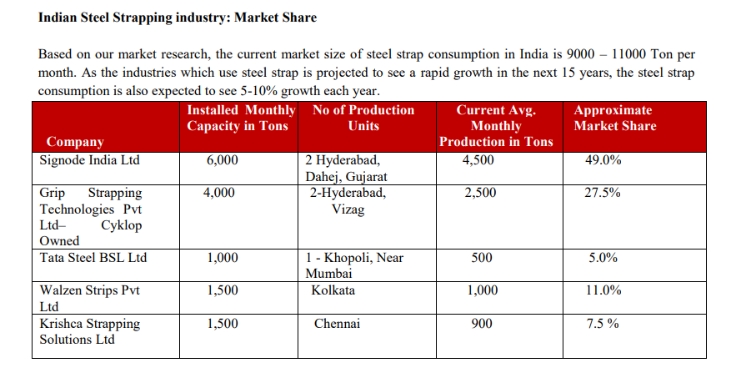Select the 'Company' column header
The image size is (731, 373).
(75, 142)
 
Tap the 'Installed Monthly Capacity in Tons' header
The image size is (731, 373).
(240, 118)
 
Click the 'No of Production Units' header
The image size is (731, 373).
(363, 118)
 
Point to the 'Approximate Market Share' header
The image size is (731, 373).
(614, 118)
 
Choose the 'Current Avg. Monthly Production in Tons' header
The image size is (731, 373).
(496, 126)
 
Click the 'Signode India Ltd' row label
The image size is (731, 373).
(90, 160)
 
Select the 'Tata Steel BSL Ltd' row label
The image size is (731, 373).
(93, 258)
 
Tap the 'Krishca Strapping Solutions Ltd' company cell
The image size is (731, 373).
(90, 331)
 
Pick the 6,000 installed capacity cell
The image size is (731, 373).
(223, 160)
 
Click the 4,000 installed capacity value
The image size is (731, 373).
(223, 193)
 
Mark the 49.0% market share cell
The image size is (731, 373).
(603, 160)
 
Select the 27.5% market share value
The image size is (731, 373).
(603, 193)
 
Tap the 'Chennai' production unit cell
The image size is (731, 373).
(337, 324)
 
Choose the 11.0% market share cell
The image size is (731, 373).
(603, 290)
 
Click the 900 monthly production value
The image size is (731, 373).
(482, 324)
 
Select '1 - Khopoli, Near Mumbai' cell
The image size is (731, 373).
(354, 265)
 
